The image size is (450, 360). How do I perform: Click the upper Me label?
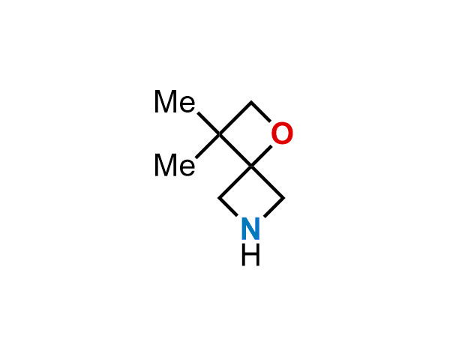pyautogui.click(x=175, y=101)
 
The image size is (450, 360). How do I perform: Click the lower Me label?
pyautogui.click(x=175, y=164)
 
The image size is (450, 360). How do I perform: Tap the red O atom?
pyautogui.click(x=282, y=133)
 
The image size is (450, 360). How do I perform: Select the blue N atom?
pyautogui.click(x=250, y=229)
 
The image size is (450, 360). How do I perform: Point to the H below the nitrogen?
pyautogui.click(x=250, y=255)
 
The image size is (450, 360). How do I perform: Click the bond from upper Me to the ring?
pyautogui.click(x=208, y=124)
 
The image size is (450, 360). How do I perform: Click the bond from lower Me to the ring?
pyautogui.click(x=208, y=145)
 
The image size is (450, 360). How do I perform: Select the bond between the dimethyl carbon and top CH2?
pyautogui.click(x=235, y=118)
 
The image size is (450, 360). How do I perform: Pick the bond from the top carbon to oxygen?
pyautogui.click(x=260, y=111)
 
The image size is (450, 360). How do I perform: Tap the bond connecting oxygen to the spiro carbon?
pyautogui.click(x=261, y=156)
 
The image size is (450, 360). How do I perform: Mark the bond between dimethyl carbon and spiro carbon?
pyautogui.click(x=235, y=150)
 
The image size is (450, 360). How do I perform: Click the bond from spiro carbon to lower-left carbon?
pyautogui.click(x=235, y=181)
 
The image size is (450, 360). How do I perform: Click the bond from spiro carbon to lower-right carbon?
pyautogui.click(x=268, y=181)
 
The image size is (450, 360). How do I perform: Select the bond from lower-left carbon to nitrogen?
pyautogui.click(x=228, y=207)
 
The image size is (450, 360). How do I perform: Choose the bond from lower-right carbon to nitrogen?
pyautogui.click(x=274, y=207)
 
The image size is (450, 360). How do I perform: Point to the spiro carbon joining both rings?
pyautogui.click(x=251, y=166)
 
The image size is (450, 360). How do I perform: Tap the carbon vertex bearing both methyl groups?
pyautogui.click(x=220, y=134)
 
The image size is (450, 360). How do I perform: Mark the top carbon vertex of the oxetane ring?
pyautogui.click(x=251, y=101)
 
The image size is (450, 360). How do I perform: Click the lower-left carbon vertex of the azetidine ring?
pyautogui.click(x=218, y=198)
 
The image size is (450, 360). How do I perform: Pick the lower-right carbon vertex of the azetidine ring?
pyautogui.click(x=284, y=198)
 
